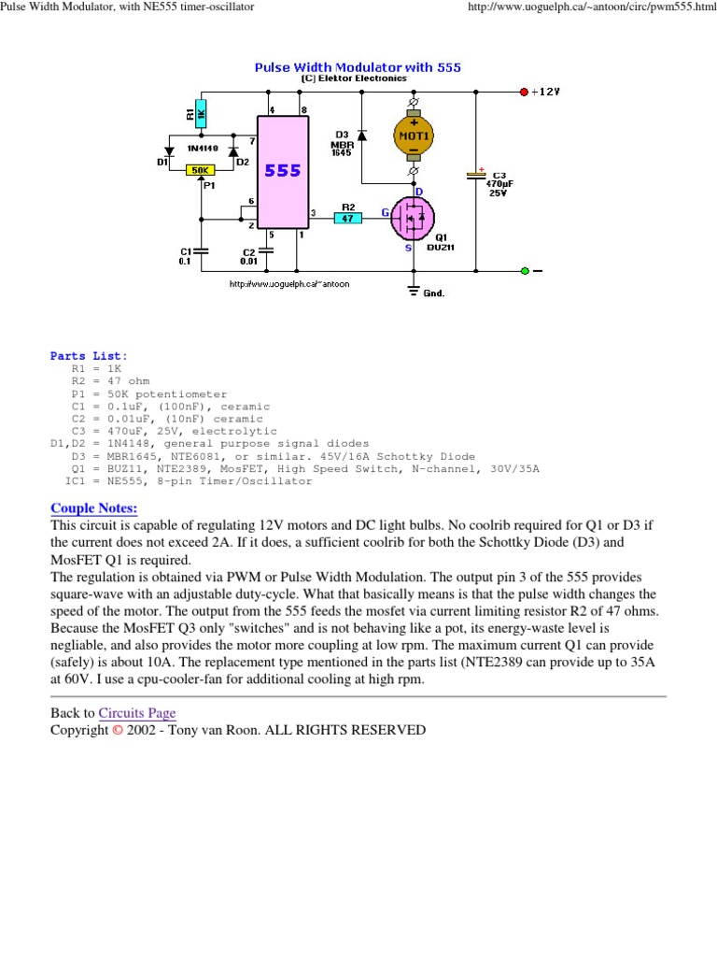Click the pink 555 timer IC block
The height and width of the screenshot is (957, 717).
tap(282, 172)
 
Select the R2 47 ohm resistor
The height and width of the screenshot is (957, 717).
tap(347, 219)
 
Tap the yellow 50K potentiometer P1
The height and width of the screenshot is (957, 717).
tap(200, 170)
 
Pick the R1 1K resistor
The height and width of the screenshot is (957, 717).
tap(201, 114)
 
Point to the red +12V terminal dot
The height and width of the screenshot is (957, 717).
tap(524, 92)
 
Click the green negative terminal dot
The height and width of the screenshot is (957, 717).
tap(525, 271)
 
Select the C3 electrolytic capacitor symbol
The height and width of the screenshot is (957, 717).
tap(476, 175)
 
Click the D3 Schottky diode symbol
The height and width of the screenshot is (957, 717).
tap(362, 136)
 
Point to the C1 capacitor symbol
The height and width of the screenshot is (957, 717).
tap(201, 250)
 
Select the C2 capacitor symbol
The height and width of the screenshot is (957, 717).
tap(268, 250)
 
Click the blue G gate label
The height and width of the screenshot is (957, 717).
tap(383, 213)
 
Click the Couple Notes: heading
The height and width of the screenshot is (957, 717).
tap(93, 507)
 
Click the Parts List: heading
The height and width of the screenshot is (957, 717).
tap(90, 356)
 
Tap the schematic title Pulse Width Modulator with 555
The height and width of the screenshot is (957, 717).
tap(358, 67)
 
